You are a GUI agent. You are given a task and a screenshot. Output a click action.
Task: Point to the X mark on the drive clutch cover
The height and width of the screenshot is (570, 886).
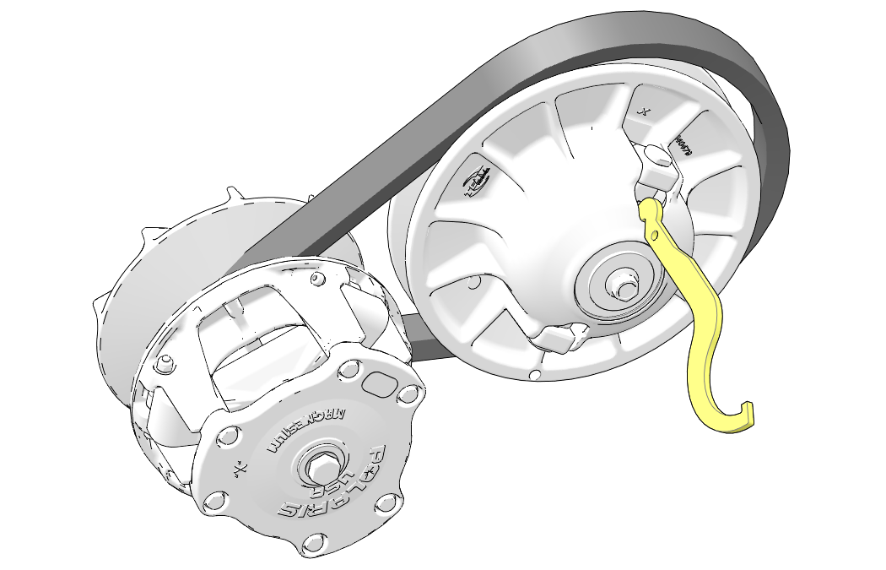pos(241,466)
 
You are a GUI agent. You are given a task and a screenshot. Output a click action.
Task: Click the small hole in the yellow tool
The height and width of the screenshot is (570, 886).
pos(657,234)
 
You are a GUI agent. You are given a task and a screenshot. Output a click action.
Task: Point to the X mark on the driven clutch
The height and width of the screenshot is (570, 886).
pos(645,111)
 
